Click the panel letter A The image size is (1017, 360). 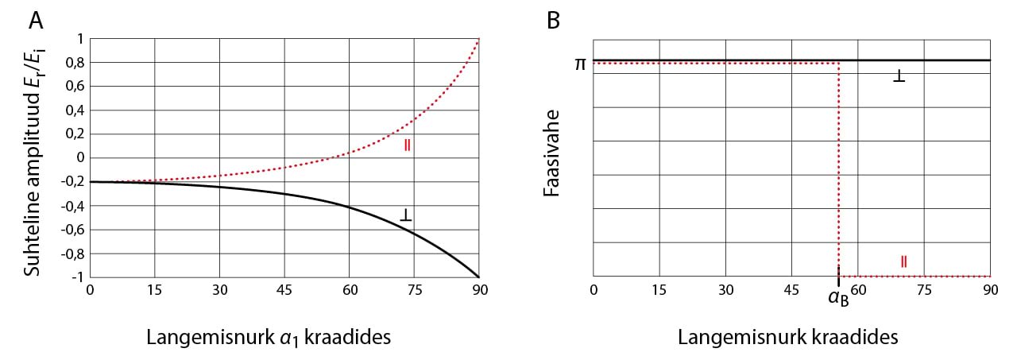click(37, 20)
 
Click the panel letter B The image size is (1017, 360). click(554, 20)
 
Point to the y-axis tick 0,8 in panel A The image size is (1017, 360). click(72, 62)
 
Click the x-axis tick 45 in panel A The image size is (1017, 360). click(284, 291)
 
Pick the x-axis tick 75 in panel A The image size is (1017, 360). click(413, 291)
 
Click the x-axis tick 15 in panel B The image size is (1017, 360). click(659, 291)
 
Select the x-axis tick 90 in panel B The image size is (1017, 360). click(989, 291)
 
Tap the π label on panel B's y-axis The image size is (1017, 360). click(579, 61)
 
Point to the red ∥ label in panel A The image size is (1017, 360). click(408, 145)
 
